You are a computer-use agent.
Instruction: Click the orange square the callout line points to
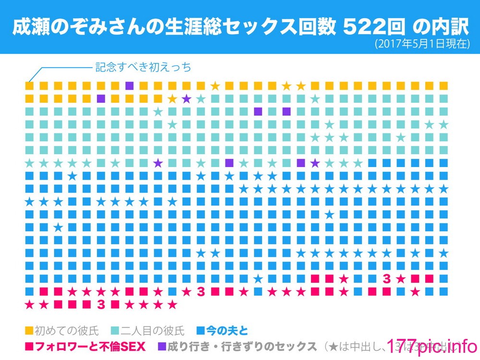click(x=30, y=86)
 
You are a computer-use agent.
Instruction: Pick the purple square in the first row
click(x=129, y=86)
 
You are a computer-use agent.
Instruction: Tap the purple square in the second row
click(x=101, y=99)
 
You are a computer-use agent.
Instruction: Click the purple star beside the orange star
click(x=186, y=99)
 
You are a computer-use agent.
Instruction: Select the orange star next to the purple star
click(x=172, y=99)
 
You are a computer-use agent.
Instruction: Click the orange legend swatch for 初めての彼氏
click(x=29, y=330)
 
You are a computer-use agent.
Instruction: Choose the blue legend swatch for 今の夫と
click(x=201, y=330)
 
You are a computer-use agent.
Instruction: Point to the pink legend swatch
click(x=29, y=346)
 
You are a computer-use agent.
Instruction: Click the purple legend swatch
click(x=162, y=346)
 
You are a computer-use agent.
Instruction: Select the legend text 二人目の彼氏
click(x=153, y=330)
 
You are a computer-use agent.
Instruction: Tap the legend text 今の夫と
click(x=227, y=330)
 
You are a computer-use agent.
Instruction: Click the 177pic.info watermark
click(x=430, y=346)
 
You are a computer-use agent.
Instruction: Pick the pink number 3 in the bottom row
click(x=100, y=304)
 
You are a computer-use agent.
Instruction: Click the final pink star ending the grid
click(x=173, y=304)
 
